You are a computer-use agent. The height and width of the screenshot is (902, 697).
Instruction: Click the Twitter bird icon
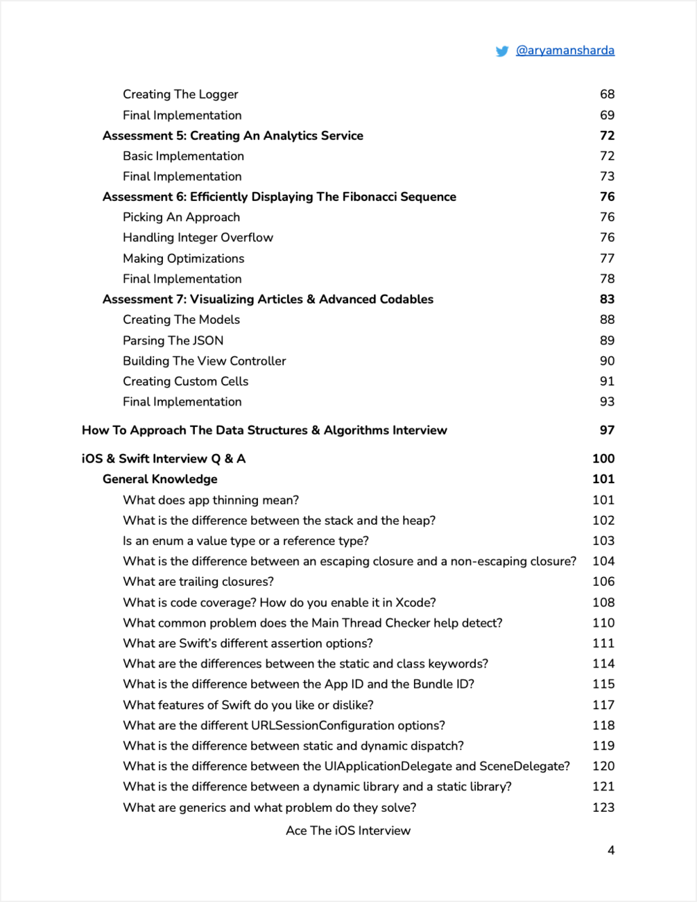coord(502,51)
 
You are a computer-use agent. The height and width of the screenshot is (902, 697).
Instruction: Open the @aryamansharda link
coord(565,50)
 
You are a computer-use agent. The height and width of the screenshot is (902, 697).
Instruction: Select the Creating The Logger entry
coord(180,94)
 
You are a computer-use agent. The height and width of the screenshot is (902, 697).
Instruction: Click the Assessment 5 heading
coord(232,136)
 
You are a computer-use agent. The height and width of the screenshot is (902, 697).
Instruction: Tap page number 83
coord(607,300)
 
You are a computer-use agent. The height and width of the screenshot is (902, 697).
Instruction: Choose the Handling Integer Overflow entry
coord(198,238)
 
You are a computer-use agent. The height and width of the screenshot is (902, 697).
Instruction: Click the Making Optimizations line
coord(183,259)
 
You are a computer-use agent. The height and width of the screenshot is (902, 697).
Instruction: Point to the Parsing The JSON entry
coord(173,340)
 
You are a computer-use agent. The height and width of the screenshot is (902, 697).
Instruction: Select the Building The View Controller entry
coord(204,361)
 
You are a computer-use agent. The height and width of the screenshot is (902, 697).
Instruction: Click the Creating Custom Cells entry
coord(185,381)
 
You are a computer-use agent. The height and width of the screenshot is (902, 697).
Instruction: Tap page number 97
coord(607,431)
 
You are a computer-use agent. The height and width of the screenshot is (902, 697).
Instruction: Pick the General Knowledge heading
coord(160,479)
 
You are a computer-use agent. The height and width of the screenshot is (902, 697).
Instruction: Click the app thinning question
coord(211,500)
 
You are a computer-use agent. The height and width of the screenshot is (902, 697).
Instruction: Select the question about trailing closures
coord(198,582)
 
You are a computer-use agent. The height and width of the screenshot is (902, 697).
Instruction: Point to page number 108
coord(603,602)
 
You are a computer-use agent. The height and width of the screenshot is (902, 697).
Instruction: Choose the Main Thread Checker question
coord(312,623)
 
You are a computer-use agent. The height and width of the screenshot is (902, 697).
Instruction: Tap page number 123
coord(603,807)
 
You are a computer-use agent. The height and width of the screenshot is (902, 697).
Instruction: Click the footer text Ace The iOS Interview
coord(348,831)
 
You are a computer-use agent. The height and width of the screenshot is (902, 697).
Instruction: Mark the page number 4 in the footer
coord(610,851)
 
